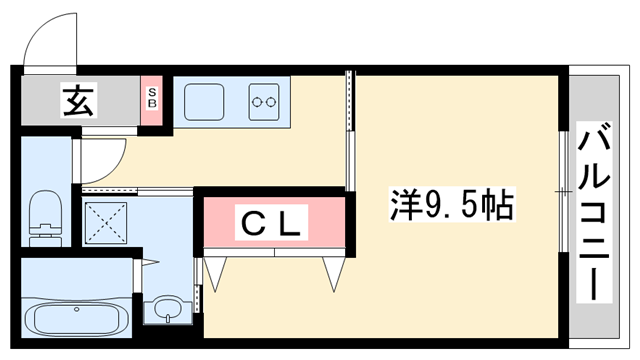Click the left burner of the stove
click(259, 102)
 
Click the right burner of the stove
click(272, 102)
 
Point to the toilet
click(44, 217)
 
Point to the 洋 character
click(404, 207)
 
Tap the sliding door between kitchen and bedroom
click(349, 130)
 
